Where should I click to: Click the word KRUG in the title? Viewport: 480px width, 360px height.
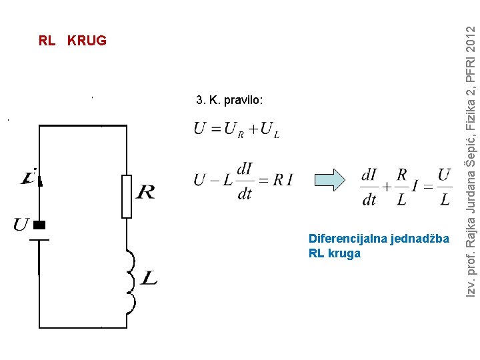[87, 41]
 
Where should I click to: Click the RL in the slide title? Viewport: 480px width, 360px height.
[47, 41]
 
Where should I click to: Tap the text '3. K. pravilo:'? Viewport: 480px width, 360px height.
[230, 101]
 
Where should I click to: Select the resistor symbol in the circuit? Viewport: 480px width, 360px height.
[127, 197]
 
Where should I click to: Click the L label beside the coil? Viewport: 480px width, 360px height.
[149, 277]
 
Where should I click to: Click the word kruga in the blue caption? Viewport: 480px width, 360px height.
[344, 253]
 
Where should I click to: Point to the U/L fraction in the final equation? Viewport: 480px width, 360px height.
[445, 187]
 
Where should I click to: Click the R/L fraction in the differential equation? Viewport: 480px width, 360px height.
[401, 187]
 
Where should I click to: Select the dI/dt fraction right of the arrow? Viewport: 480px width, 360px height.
[370, 187]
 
